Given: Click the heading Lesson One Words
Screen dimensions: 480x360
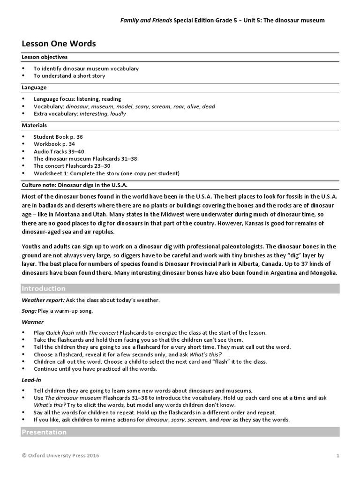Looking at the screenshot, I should pos(59,44).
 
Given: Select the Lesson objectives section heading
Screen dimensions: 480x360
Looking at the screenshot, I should pos(45,57).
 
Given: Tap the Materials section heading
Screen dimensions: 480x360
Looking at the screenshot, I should pos(34,126).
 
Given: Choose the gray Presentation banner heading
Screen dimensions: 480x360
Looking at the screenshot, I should pos(44,432).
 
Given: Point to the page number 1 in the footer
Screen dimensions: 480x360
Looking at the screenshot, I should pos(337,455).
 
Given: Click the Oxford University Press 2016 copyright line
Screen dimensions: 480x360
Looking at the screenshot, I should pos(60,455).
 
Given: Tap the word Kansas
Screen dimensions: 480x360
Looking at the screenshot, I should pos(269,223).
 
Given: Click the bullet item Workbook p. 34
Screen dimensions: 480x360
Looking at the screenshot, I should pos(54,144).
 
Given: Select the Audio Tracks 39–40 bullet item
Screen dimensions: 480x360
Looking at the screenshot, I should pos(59,151).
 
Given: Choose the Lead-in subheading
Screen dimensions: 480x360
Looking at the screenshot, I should pos(31,380).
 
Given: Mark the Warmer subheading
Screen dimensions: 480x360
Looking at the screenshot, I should pos(33,322).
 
